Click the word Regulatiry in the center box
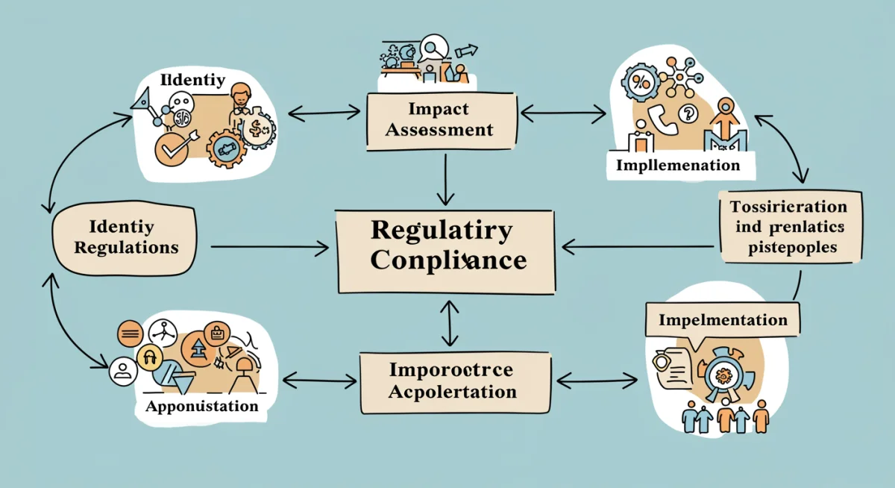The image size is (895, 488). point(442,230)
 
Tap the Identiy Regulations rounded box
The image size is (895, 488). point(125,237)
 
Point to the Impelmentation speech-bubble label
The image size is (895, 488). point(723,321)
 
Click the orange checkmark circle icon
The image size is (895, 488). point(172,146)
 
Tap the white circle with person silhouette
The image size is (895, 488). point(122,371)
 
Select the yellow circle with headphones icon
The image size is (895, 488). point(149,359)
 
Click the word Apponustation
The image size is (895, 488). point(201,407)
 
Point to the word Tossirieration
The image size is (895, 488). point(788,207)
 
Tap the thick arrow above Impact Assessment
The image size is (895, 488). point(467,51)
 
